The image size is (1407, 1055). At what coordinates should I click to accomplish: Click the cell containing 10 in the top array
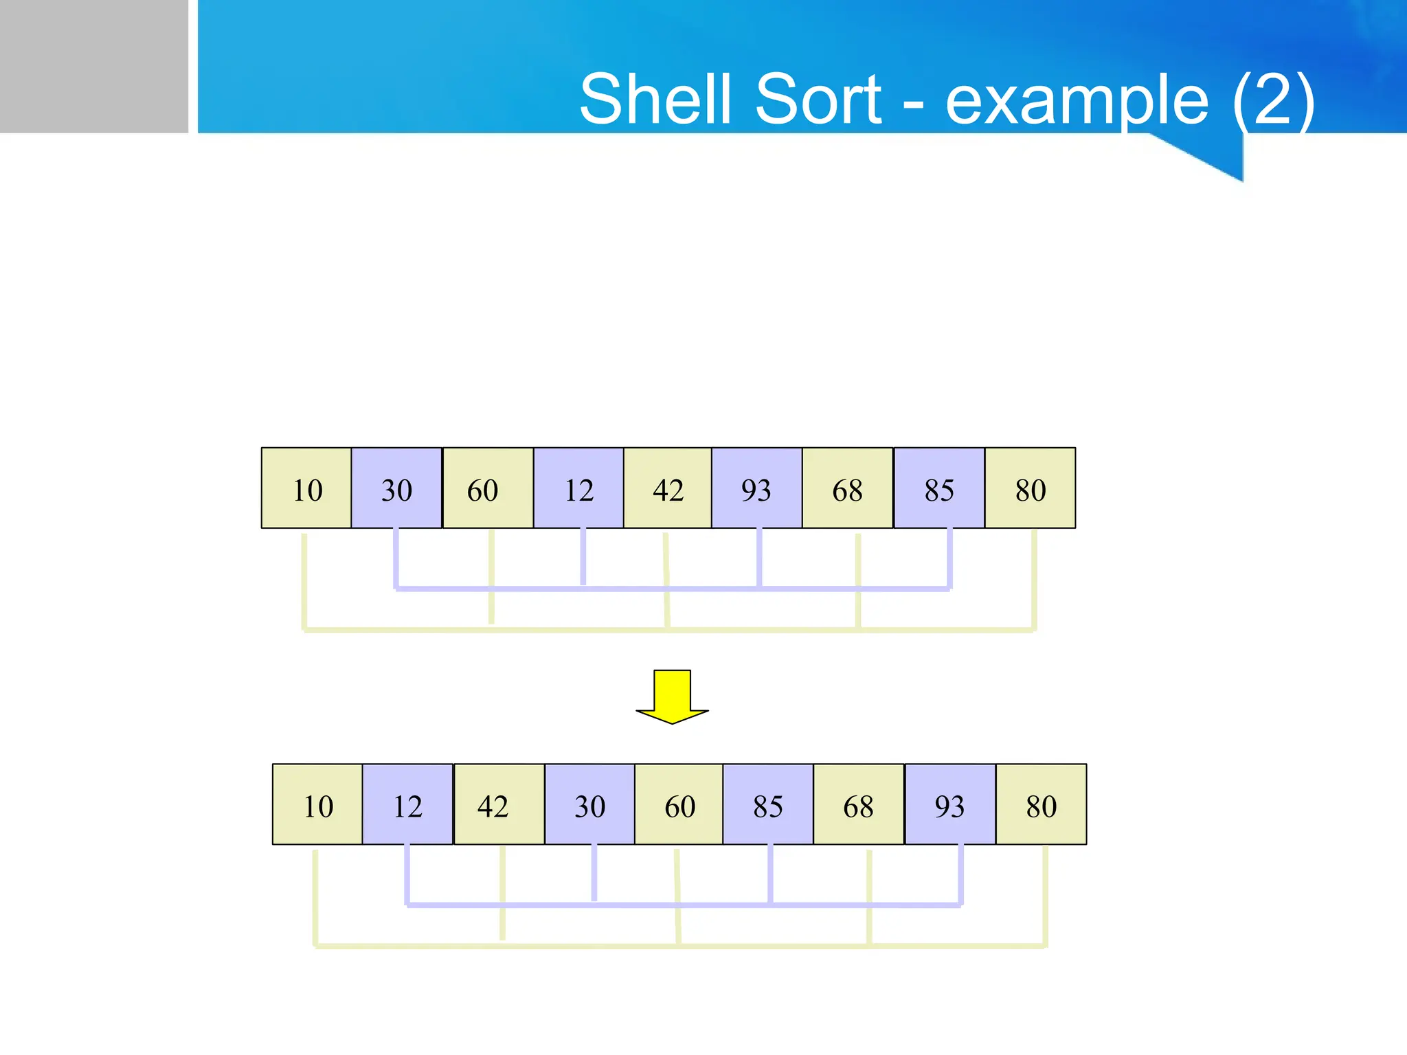[306, 488]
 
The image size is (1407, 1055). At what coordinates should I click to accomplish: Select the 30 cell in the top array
[396, 488]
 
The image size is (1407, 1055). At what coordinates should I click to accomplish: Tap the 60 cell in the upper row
[488, 488]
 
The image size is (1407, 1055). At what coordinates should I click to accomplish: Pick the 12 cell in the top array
[578, 488]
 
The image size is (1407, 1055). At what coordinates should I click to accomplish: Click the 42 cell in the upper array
[668, 488]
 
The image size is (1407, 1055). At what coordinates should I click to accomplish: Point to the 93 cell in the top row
[756, 488]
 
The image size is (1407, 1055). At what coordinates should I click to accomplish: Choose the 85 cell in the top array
[939, 488]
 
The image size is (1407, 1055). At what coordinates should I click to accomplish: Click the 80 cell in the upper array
[1031, 488]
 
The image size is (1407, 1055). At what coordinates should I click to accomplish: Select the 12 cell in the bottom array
[407, 804]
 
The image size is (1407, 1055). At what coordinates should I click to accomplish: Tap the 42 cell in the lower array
[499, 804]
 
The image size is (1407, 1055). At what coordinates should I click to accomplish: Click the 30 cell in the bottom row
[589, 804]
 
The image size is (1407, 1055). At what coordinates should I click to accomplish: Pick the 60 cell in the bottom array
[679, 804]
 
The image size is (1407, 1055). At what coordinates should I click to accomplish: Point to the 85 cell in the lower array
[767, 804]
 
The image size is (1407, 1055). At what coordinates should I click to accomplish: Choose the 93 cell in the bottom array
[950, 804]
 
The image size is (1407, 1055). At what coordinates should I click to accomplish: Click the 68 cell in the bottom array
[859, 804]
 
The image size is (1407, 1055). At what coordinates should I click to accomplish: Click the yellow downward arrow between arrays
[672, 696]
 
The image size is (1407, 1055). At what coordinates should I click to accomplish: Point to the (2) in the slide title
[1273, 100]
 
